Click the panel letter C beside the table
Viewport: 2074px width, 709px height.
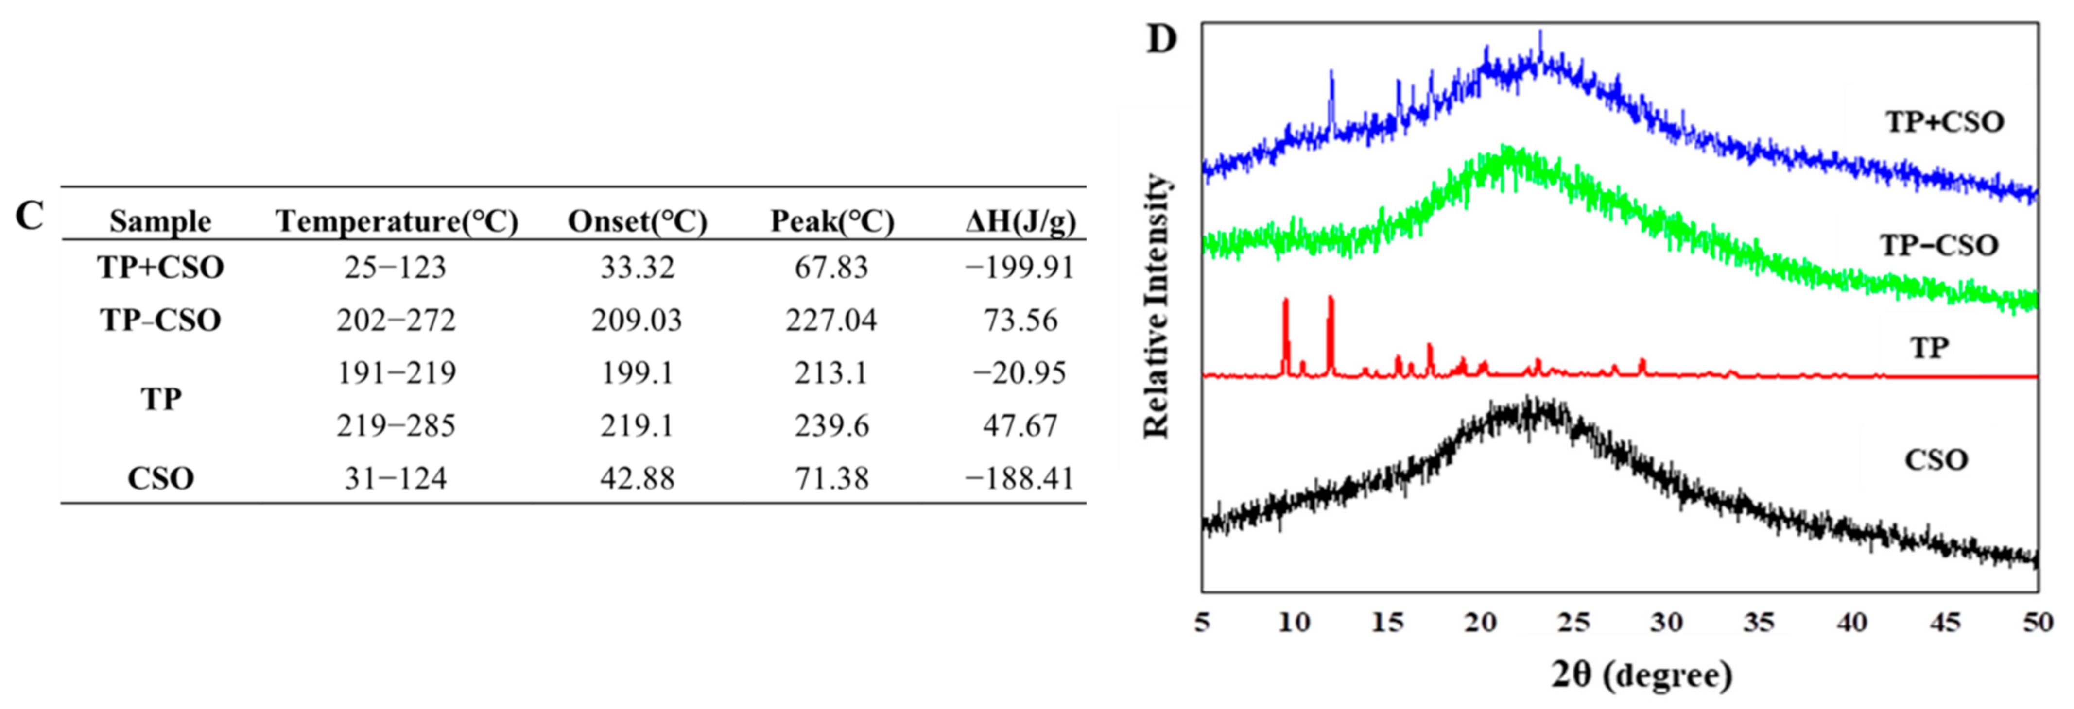pyautogui.click(x=30, y=216)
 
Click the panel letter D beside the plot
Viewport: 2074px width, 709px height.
pyautogui.click(x=1161, y=39)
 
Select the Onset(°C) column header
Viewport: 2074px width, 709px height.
pyautogui.click(x=637, y=221)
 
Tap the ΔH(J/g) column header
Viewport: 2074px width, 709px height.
pyautogui.click(x=1020, y=221)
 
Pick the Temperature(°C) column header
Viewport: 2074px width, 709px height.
pyautogui.click(x=396, y=221)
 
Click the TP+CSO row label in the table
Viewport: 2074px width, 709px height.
pyautogui.click(x=160, y=267)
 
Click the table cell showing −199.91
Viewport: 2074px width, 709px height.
pyautogui.click(x=1020, y=267)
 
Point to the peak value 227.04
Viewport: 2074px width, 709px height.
pyautogui.click(x=831, y=321)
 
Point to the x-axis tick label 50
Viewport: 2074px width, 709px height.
pyautogui.click(x=2038, y=622)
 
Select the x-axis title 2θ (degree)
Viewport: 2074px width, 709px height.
pyautogui.click(x=1642, y=675)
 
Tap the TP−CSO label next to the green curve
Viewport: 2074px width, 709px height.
pyautogui.click(x=1939, y=245)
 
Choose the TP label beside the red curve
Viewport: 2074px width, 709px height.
pyautogui.click(x=1929, y=348)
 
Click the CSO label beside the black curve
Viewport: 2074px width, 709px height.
pyautogui.click(x=1936, y=460)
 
